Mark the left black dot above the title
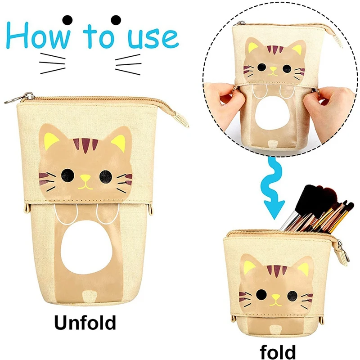[x=68, y=19]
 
